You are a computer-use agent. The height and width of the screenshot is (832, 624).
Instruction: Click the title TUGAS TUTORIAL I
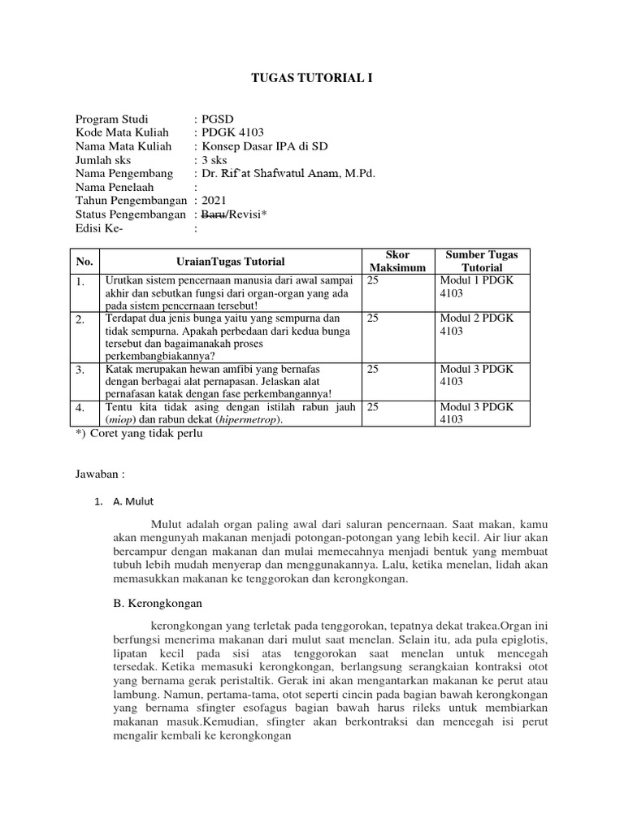(311, 78)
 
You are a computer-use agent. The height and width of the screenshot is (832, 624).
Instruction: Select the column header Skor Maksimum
(397, 261)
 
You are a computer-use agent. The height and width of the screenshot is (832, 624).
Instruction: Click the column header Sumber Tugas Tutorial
(482, 261)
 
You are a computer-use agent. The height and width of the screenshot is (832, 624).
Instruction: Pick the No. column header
(84, 262)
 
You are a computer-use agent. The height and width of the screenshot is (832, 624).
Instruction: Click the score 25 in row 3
(373, 369)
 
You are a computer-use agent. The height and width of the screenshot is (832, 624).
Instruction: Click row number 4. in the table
(80, 408)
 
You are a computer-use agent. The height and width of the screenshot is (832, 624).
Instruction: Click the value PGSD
(217, 119)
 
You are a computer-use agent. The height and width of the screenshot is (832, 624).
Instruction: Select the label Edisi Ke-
(99, 228)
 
